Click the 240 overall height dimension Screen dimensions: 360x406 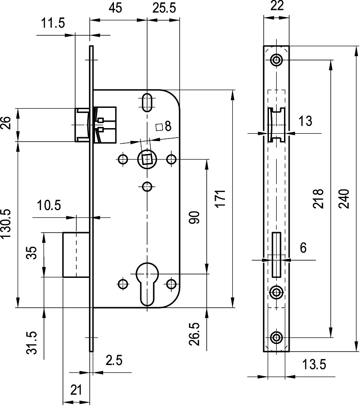click(x=344, y=199)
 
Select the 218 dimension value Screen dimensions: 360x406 click(x=318, y=199)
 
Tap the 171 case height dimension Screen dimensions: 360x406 click(x=221, y=198)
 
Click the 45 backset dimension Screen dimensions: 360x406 click(x=115, y=8)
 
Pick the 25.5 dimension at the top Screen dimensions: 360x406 click(x=164, y=8)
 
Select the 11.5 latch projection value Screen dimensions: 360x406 click(x=53, y=23)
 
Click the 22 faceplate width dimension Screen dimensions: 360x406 click(x=277, y=6)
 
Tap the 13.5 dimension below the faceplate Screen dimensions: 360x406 click(x=314, y=365)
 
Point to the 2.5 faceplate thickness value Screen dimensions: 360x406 click(x=114, y=360)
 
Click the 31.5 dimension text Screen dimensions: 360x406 click(x=32, y=342)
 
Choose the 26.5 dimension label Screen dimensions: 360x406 click(x=195, y=334)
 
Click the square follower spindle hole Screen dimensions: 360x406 click(x=147, y=159)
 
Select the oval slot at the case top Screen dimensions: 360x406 click(x=147, y=102)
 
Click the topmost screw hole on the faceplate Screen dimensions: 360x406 click(x=276, y=60)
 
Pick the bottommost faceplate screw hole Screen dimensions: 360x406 click(x=276, y=338)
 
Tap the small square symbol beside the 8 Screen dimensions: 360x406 click(x=159, y=127)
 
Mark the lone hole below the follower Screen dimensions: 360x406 click(x=147, y=186)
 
